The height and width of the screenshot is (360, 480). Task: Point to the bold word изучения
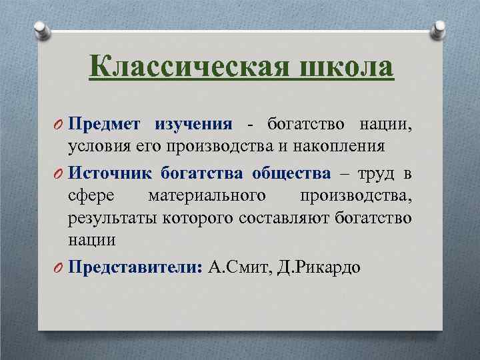pos(193,124)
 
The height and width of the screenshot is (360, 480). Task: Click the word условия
pos(94,147)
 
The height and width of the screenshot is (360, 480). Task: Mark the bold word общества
pos(291,174)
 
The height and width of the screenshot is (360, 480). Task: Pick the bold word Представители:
pos(135,268)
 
